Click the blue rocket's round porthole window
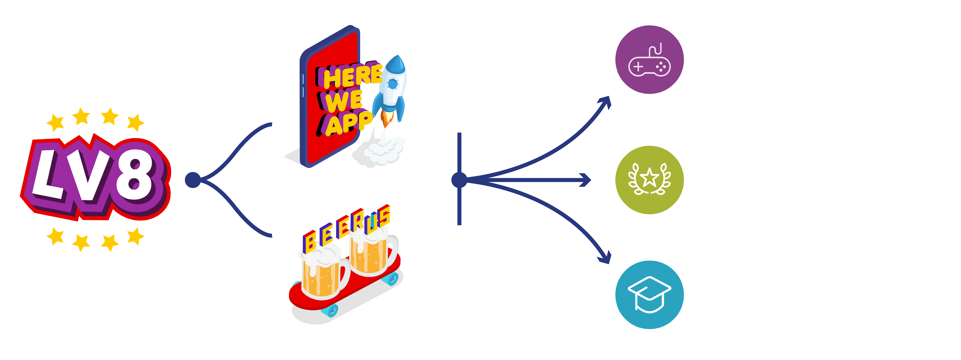point(393,84)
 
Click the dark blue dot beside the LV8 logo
point(193,180)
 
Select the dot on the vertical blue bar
point(459,180)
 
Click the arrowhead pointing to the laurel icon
point(586,180)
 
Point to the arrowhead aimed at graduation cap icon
point(605,258)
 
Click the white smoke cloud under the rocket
point(386,151)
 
